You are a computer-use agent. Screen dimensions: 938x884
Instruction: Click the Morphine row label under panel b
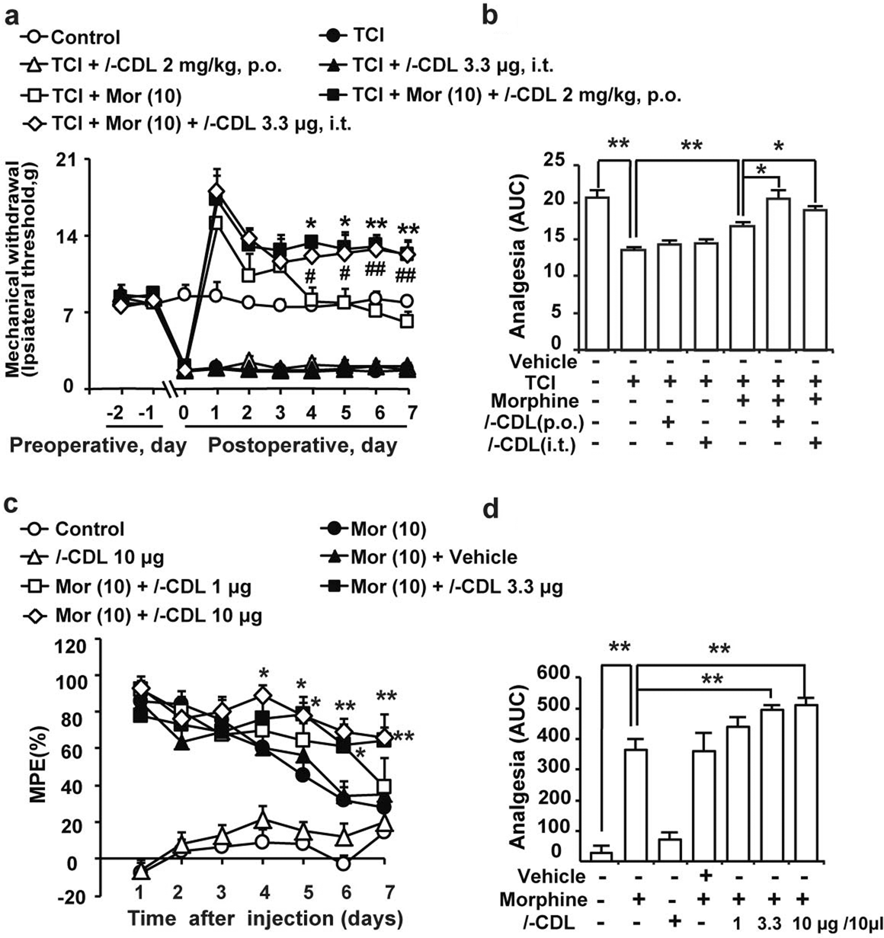pos(534,400)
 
